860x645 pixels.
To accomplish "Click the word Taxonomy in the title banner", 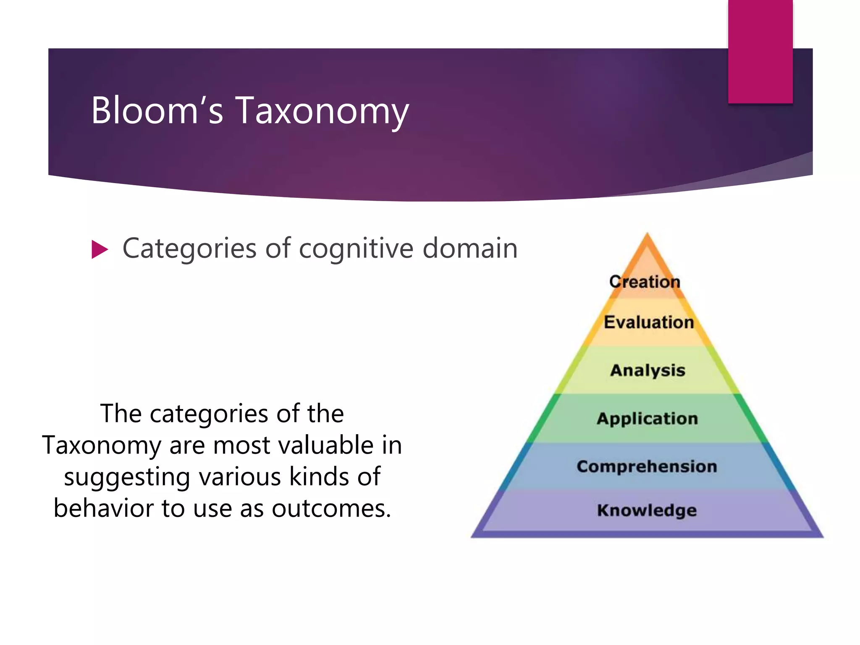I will pos(322,111).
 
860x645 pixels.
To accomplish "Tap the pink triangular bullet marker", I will pos(100,249).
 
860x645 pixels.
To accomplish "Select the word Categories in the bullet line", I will pos(189,249).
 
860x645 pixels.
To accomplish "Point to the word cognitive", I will pos(357,249).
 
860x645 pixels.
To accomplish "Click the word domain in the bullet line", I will pos(470,248).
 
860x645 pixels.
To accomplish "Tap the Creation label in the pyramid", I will pos(645,282).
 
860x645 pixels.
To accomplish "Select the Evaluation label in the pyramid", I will pos(648,322).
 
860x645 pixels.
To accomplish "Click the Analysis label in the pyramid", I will pos(648,370).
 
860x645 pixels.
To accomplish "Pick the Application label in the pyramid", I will pos(647,419).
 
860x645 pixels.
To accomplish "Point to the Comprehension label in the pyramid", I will pos(647,467).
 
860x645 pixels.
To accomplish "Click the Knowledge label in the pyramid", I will pos(647,510).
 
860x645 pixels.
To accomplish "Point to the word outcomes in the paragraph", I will pos(331,509).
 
